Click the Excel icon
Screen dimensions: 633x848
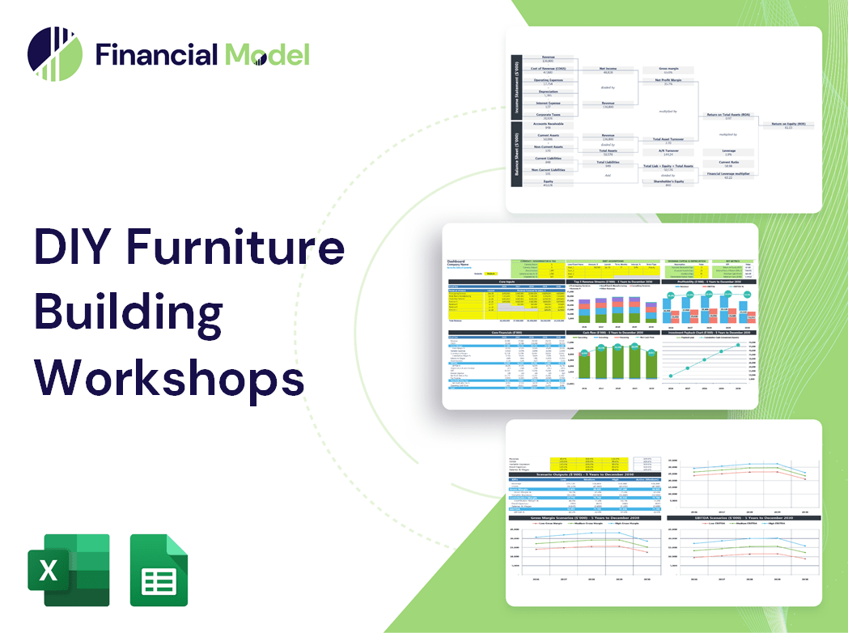coord(69,570)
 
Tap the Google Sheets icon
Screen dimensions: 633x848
coord(159,570)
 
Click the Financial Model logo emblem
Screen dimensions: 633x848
coord(55,54)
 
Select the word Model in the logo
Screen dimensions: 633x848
coord(267,54)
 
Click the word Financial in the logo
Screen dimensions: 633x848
coord(156,54)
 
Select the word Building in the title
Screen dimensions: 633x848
coord(129,311)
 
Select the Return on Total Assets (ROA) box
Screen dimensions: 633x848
coord(727,117)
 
